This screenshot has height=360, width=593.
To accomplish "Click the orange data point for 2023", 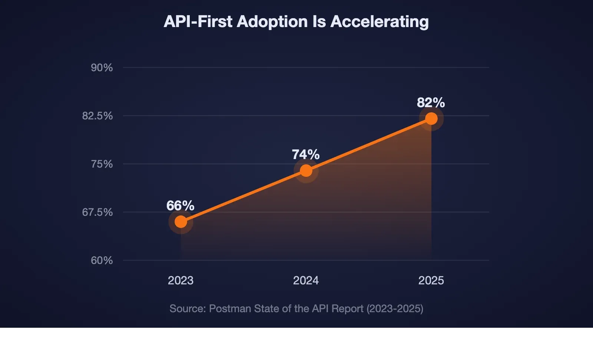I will [x=181, y=222].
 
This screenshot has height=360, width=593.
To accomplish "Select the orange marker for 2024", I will [x=306, y=171].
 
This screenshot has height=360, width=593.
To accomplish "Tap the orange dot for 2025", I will [x=431, y=119].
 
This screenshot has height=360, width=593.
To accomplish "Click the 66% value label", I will [x=180, y=205].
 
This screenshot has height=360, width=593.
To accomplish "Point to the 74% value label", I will [x=305, y=154].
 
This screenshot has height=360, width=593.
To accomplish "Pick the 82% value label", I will [x=431, y=102].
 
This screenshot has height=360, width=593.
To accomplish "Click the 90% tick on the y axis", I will [x=102, y=67].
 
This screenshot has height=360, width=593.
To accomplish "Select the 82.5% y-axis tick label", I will [x=97, y=116].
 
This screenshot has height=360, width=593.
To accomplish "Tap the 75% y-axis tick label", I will [x=102, y=164].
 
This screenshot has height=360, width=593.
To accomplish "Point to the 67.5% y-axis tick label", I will [x=97, y=212].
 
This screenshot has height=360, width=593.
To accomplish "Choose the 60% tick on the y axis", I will [x=102, y=260].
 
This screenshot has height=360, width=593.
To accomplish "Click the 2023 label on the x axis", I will [x=180, y=280].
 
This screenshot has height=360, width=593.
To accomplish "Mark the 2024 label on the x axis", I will [x=306, y=280].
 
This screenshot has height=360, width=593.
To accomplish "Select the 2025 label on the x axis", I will [x=431, y=280].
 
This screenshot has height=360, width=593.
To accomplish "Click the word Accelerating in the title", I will [x=380, y=22].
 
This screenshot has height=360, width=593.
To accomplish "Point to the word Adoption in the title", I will [x=272, y=22].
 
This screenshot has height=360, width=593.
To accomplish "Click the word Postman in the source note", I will [x=230, y=308].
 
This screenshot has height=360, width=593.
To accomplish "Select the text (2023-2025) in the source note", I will [x=395, y=308].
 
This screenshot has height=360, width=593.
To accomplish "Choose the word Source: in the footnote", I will [x=187, y=308].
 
